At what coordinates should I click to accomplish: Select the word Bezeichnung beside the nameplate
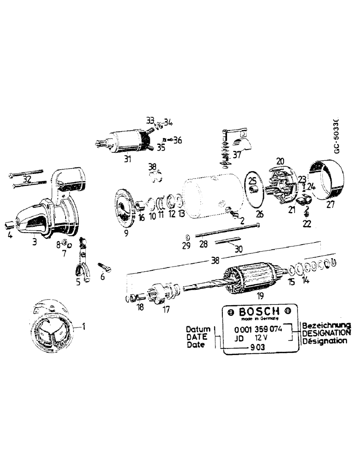pos(326,325)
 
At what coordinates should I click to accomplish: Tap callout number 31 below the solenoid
pos(127,159)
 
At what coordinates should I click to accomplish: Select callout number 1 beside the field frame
pos(84,327)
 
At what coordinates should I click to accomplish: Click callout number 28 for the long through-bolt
pos(203,245)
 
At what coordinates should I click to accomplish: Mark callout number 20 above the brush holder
pos(280,161)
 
